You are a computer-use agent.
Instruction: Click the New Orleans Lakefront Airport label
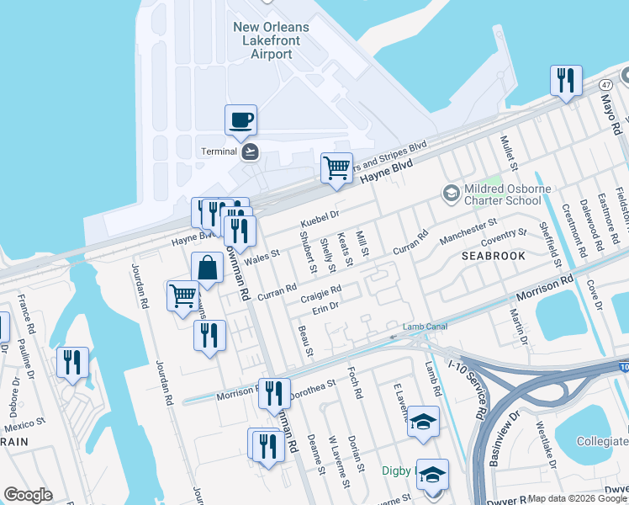click(271, 40)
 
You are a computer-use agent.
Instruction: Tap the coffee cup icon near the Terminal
click(240, 120)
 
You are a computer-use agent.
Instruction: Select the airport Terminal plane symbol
click(250, 151)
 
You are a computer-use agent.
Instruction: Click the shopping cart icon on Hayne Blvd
click(336, 166)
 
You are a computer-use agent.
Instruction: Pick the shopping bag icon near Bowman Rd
click(207, 268)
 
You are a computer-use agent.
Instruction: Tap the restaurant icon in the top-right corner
click(565, 81)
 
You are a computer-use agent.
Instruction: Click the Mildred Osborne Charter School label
click(502, 195)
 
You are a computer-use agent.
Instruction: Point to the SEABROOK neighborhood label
click(494, 255)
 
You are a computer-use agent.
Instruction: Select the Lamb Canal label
click(420, 327)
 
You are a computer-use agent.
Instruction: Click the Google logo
click(28, 495)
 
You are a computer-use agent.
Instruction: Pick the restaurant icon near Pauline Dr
click(72, 362)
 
